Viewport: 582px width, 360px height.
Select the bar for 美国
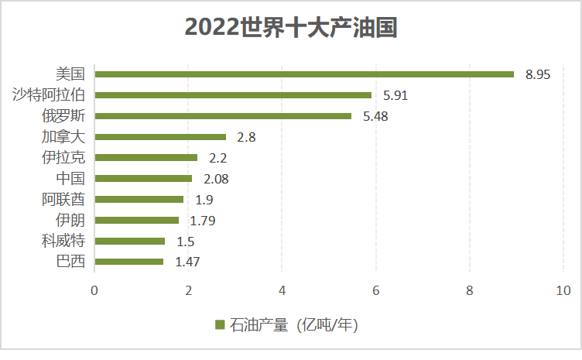(x=304, y=74)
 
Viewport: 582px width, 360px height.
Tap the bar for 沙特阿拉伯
(x=233, y=95)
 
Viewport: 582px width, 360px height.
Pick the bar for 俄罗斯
(x=223, y=116)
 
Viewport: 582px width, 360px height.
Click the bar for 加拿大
(x=160, y=137)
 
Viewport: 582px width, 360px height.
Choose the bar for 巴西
(x=128, y=262)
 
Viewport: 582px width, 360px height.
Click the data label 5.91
(x=395, y=96)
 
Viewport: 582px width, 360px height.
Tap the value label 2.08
(x=216, y=179)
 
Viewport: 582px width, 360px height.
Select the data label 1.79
(x=202, y=221)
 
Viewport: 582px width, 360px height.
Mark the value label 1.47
(x=188, y=262)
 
